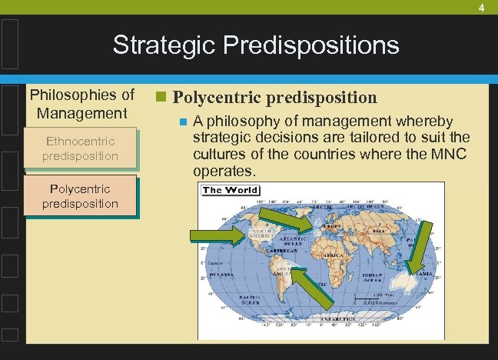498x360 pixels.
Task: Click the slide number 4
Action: click(x=481, y=8)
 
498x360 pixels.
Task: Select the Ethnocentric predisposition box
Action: click(x=81, y=148)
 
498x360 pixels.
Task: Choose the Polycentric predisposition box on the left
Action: click(x=81, y=196)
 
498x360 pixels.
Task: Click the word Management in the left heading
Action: click(x=81, y=113)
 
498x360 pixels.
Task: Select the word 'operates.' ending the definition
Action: click(x=224, y=170)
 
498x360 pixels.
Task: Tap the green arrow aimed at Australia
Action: click(x=422, y=248)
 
